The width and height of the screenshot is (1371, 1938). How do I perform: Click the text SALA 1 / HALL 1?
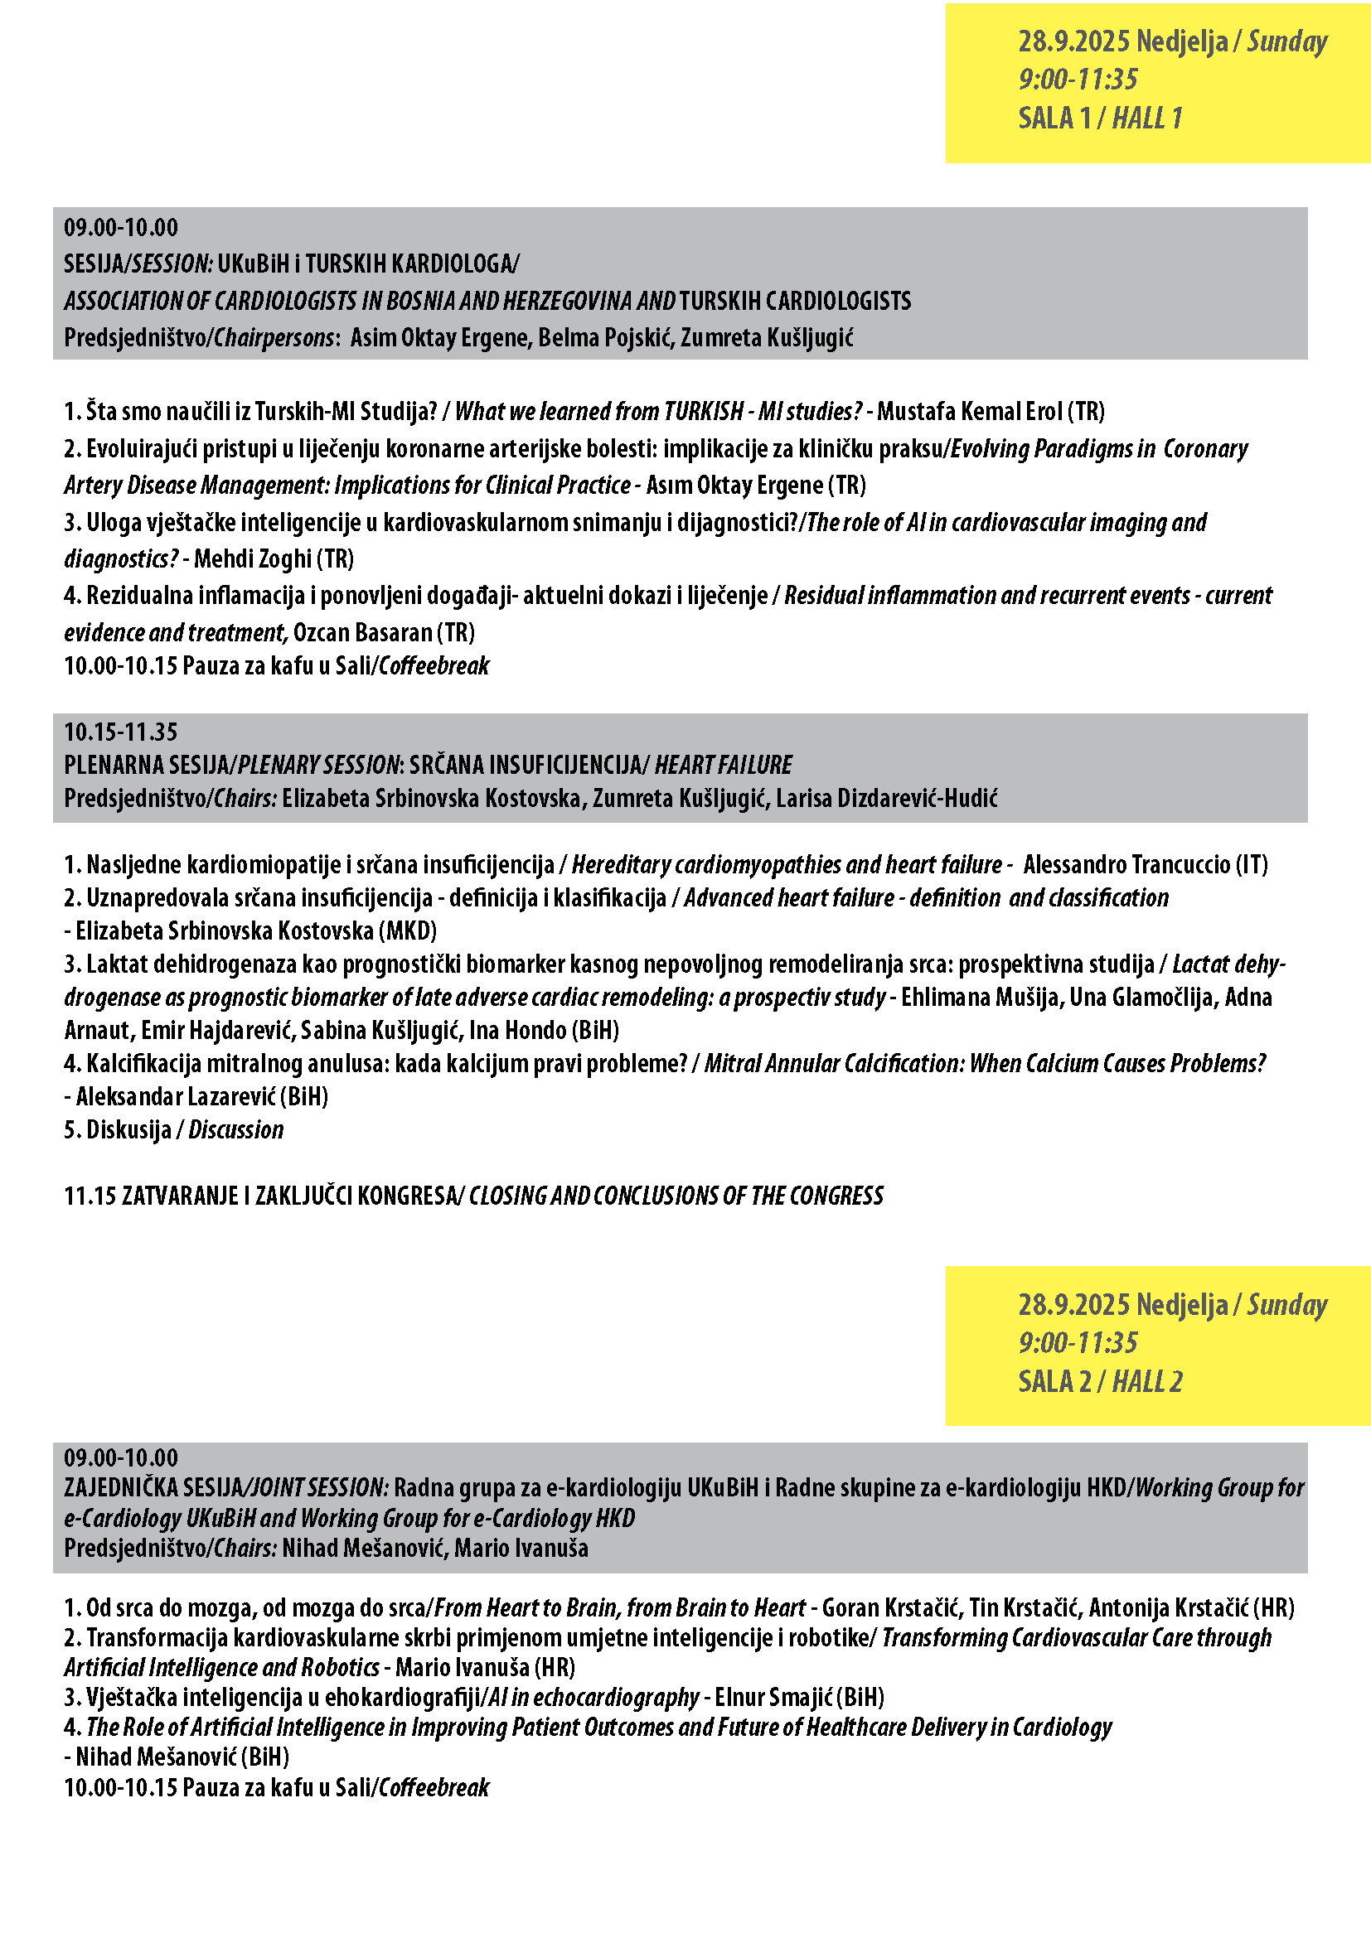pos(1099,118)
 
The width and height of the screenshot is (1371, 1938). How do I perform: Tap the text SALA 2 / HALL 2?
pos(1099,1382)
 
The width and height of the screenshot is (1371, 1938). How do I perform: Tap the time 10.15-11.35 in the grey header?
pos(121,732)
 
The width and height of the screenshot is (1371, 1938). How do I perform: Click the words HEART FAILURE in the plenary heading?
pos(724,766)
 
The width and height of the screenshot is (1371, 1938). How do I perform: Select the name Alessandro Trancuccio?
pos(1126,865)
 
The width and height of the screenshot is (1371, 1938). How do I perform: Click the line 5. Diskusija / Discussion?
pos(174,1130)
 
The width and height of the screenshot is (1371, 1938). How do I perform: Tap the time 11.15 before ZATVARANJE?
pos(90,1196)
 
